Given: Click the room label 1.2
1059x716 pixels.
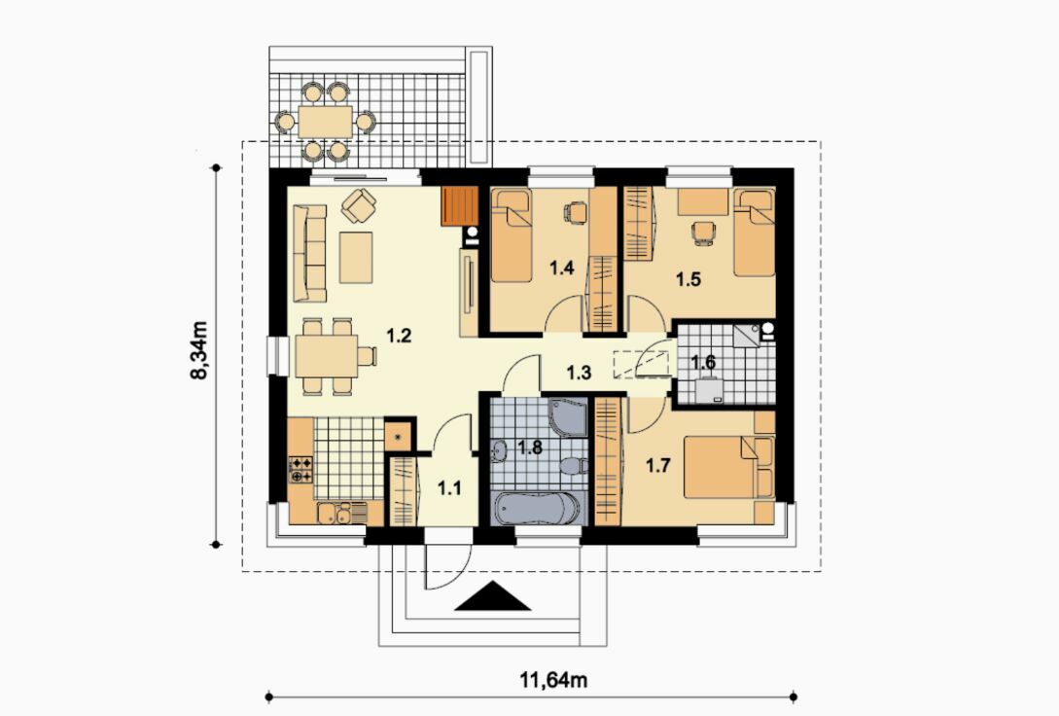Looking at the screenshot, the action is pos(399,335).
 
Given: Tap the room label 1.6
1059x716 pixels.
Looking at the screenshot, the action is pos(703,362).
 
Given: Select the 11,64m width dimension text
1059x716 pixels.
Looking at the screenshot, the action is pos(553,680).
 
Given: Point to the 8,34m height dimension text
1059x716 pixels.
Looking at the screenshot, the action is pos(198,350).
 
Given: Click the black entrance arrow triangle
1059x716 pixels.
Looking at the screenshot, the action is pos(492,595).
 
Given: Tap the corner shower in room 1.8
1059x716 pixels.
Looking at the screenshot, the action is pos(569,417).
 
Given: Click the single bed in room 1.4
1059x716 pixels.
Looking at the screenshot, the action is pos(512,235).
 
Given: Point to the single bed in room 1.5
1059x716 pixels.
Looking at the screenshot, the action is pos(754,233).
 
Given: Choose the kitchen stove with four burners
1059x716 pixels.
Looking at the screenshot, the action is pos(300,470).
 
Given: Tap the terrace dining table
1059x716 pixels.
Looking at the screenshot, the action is pos(325,122).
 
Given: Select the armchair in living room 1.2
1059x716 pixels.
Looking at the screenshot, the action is pos(359,204).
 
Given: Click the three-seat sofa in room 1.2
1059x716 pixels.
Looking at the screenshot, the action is pos(310,253).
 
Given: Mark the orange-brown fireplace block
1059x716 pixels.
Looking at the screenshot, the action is pos(459,206).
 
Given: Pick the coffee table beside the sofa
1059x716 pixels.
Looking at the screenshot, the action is pos(356,258).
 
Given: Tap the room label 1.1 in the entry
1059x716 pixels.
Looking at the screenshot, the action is pos(449,487).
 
